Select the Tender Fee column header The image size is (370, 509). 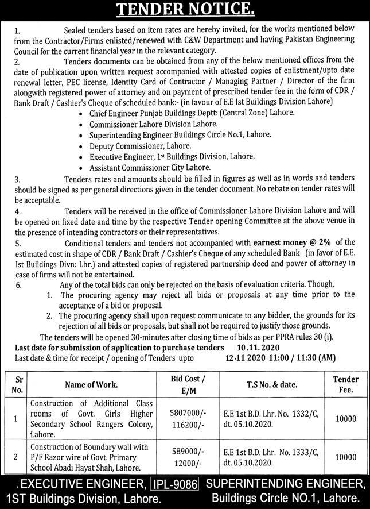(345, 384)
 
